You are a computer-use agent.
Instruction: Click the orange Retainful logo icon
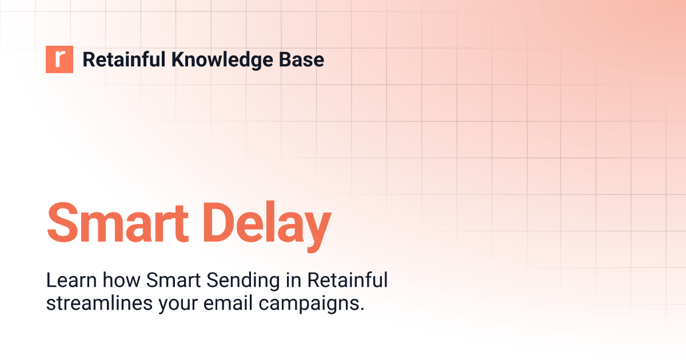[59, 59]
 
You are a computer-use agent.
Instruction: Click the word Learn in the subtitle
[64, 281]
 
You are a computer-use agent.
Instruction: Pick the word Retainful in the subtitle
[348, 281]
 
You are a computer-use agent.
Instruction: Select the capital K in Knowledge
[177, 59]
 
